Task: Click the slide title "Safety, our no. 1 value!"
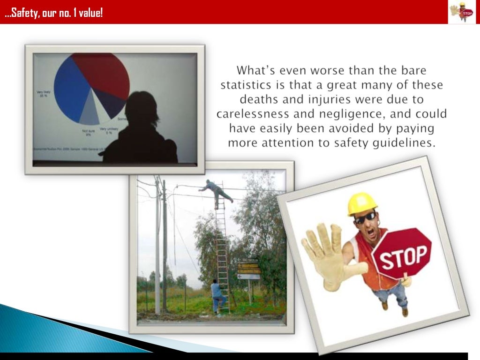pyautogui.click(x=53, y=13)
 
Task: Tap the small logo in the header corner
pyautogui.click(x=462, y=12)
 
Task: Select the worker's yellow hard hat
pyautogui.click(x=362, y=203)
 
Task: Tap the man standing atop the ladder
pyautogui.click(x=216, y=190)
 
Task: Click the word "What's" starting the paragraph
pyautogui.click(x=253, y=71)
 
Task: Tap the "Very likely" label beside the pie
pyautogui.click(x=45, y=93)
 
